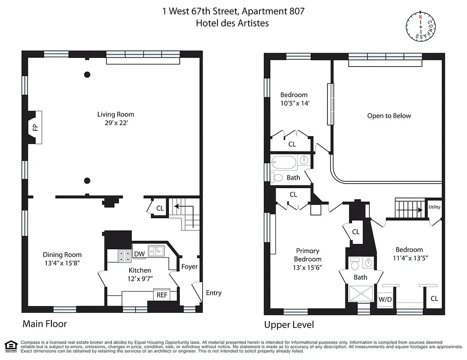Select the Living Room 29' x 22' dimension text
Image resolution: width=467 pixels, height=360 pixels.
117,122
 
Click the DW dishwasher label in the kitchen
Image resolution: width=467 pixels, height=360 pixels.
140,254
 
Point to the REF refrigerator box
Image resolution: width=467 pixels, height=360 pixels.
162,295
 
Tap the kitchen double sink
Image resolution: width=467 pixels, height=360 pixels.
156,250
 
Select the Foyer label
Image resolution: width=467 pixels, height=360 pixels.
189,266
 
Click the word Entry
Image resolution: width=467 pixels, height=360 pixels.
213,293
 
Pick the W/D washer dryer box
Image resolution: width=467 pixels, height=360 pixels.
385,299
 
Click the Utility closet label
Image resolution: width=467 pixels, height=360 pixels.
435,207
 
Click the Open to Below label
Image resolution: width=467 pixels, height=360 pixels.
389,116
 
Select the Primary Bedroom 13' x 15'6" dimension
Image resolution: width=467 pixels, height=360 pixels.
308,267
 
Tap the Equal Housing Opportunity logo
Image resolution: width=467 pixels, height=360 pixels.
9,346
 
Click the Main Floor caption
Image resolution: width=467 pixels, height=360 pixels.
45,324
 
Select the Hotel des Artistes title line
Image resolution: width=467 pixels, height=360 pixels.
232,23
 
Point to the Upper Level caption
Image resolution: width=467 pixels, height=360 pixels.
289,324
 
